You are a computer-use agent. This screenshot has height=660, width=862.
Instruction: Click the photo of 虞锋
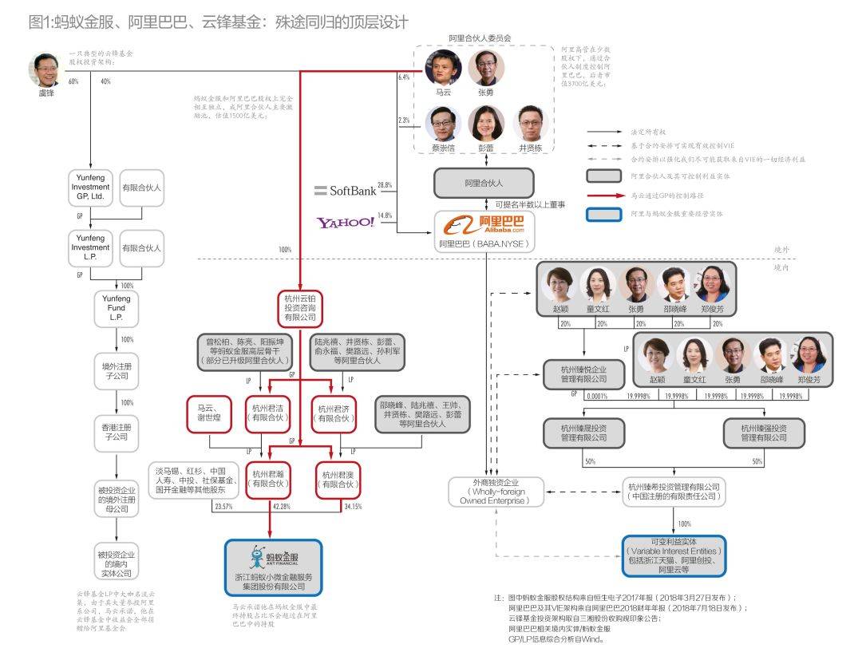tap(45, 72)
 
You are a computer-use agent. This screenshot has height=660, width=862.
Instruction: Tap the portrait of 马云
tap(443, 69)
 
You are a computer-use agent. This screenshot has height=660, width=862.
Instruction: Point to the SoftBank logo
tap(343, 190)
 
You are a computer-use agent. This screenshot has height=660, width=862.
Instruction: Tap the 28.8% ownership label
tap(385, 186)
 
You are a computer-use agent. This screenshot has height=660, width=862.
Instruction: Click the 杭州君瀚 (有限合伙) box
tap(268, 478)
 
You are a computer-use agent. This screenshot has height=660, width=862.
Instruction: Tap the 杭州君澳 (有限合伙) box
tap(341, 478)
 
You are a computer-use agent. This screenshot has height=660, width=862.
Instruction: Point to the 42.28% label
tap(282, 507)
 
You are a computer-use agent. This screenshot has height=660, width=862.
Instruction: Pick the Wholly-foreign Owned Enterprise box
tap(496, 492)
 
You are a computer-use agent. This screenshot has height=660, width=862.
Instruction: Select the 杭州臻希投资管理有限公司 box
tap(674, 492)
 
